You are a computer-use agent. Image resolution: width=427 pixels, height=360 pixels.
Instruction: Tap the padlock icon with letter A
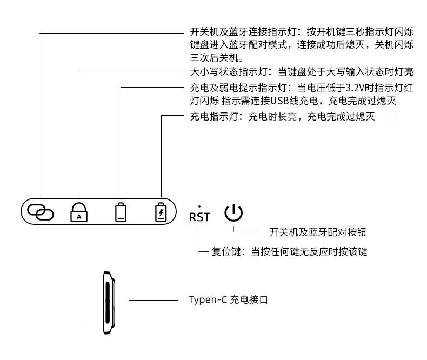(79, 211)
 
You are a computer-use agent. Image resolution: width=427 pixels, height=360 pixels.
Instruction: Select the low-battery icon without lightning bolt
(121, 211)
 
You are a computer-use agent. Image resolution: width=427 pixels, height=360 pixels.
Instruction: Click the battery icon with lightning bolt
(161, 211)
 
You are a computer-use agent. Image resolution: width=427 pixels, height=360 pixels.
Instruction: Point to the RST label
(199, 217)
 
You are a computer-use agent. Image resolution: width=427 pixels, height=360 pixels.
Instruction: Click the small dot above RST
(199, 206)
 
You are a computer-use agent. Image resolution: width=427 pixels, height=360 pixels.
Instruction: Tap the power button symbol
(233, 212)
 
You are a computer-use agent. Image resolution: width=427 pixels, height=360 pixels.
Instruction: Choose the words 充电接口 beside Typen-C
(249, 299)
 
